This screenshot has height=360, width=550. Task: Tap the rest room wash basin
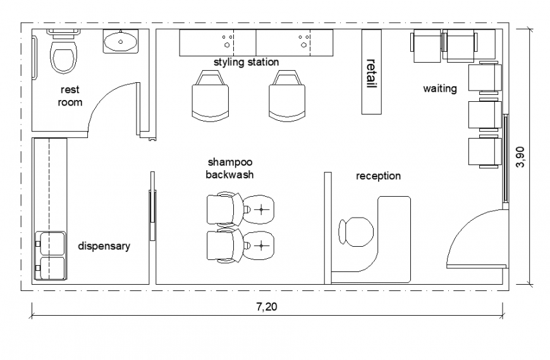coord(120,42)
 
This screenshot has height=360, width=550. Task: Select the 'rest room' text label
coord(70,96)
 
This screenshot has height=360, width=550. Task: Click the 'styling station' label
coord(246,62)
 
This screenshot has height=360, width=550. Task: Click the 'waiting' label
coord(439,89)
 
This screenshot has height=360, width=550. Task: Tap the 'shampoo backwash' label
coord(229,168)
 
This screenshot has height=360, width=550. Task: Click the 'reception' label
coord(377,176)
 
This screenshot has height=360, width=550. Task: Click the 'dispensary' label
coord(104,246)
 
